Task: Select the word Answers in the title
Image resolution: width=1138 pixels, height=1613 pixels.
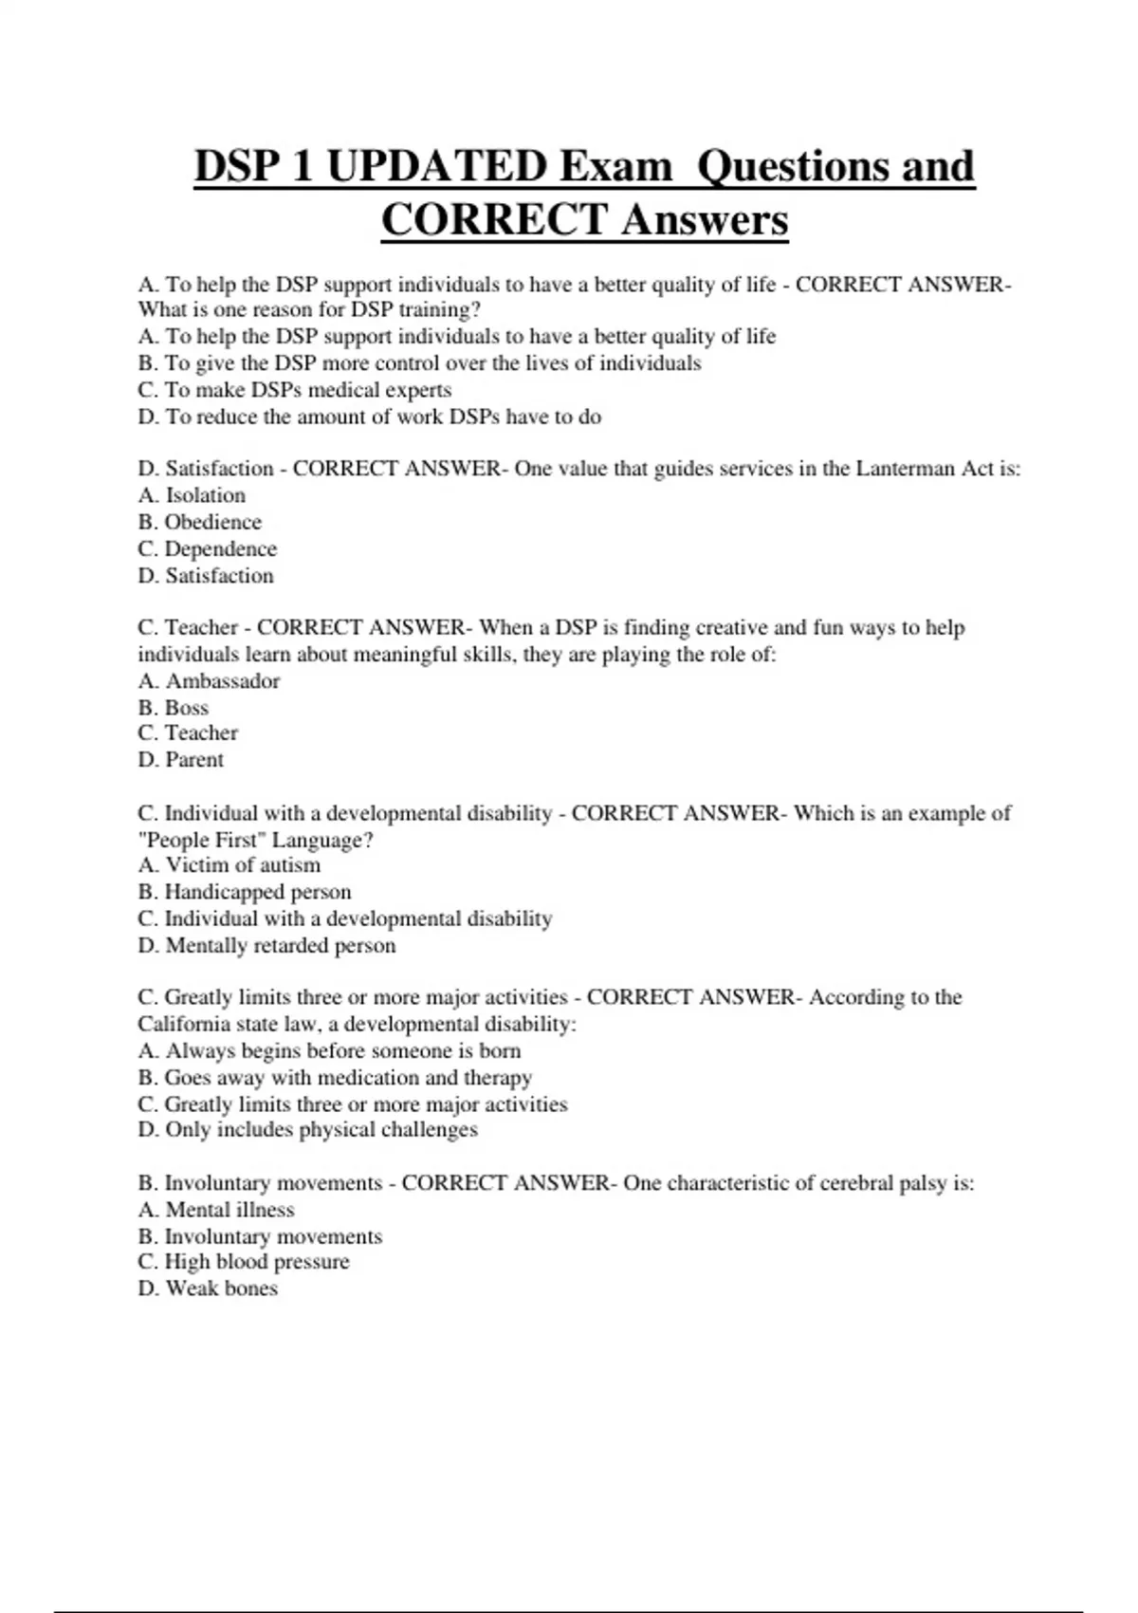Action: coord(705,220)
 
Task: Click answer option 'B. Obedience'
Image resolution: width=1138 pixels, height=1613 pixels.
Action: coord(199,522)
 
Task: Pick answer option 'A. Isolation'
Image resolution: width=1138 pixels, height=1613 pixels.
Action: coord(192,495)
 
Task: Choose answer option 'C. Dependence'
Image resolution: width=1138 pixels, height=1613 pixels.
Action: coord(207,548)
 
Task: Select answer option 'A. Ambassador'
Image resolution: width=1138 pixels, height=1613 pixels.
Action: coord(209,680)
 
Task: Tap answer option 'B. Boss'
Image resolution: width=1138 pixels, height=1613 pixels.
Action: coord(173,707)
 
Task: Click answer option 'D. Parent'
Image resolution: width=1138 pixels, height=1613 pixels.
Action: coord(180,759)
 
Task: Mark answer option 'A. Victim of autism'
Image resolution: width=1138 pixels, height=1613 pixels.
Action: coord(229,864)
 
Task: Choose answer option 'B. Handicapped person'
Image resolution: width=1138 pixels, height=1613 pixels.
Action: coord(244,892)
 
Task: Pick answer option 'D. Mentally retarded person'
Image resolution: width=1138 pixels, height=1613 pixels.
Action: coord(266,945)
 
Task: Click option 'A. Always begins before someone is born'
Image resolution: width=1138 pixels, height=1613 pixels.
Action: coord(329,1050)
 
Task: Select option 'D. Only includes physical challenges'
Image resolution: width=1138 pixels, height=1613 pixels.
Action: coord(307,1129)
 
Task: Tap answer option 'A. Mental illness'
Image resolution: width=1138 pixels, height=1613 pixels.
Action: coord(215,1210)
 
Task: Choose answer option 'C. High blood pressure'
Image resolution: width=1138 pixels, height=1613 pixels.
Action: coord(243,1261)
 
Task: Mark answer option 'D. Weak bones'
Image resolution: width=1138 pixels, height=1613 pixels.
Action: coord(208,1288)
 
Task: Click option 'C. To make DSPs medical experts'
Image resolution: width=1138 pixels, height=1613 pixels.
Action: coord(294,390)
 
